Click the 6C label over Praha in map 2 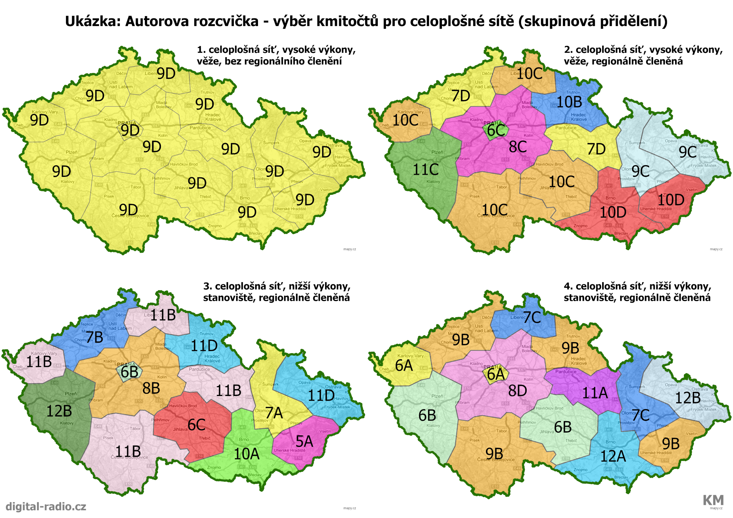(x=496, y=130)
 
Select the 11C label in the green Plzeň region (x=426, y=170)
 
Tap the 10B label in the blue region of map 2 (x=569, y=102)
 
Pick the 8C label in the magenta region (x=518, y=147)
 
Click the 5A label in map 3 (x=305, y=441)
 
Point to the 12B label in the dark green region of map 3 (x=59, y=411)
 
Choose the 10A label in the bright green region (x=247, y=454)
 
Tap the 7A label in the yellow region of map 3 (x=274, y=413)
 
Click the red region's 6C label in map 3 (x=196, y=425)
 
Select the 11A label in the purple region (x=595, y=393)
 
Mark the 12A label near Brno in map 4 (x=613, y=456)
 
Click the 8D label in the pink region (x=517, y=391)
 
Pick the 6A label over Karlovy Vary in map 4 (x=404, y=366)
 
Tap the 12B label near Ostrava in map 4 (x=688, y=398)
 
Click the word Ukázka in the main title (x=93, y=21)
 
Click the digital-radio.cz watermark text (x=46, y=507)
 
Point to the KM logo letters (x=713, y=500)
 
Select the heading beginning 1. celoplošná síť (x=276, y=55)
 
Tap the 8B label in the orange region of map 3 (x=151, y=388)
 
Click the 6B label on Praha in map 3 (x=129, y=372)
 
